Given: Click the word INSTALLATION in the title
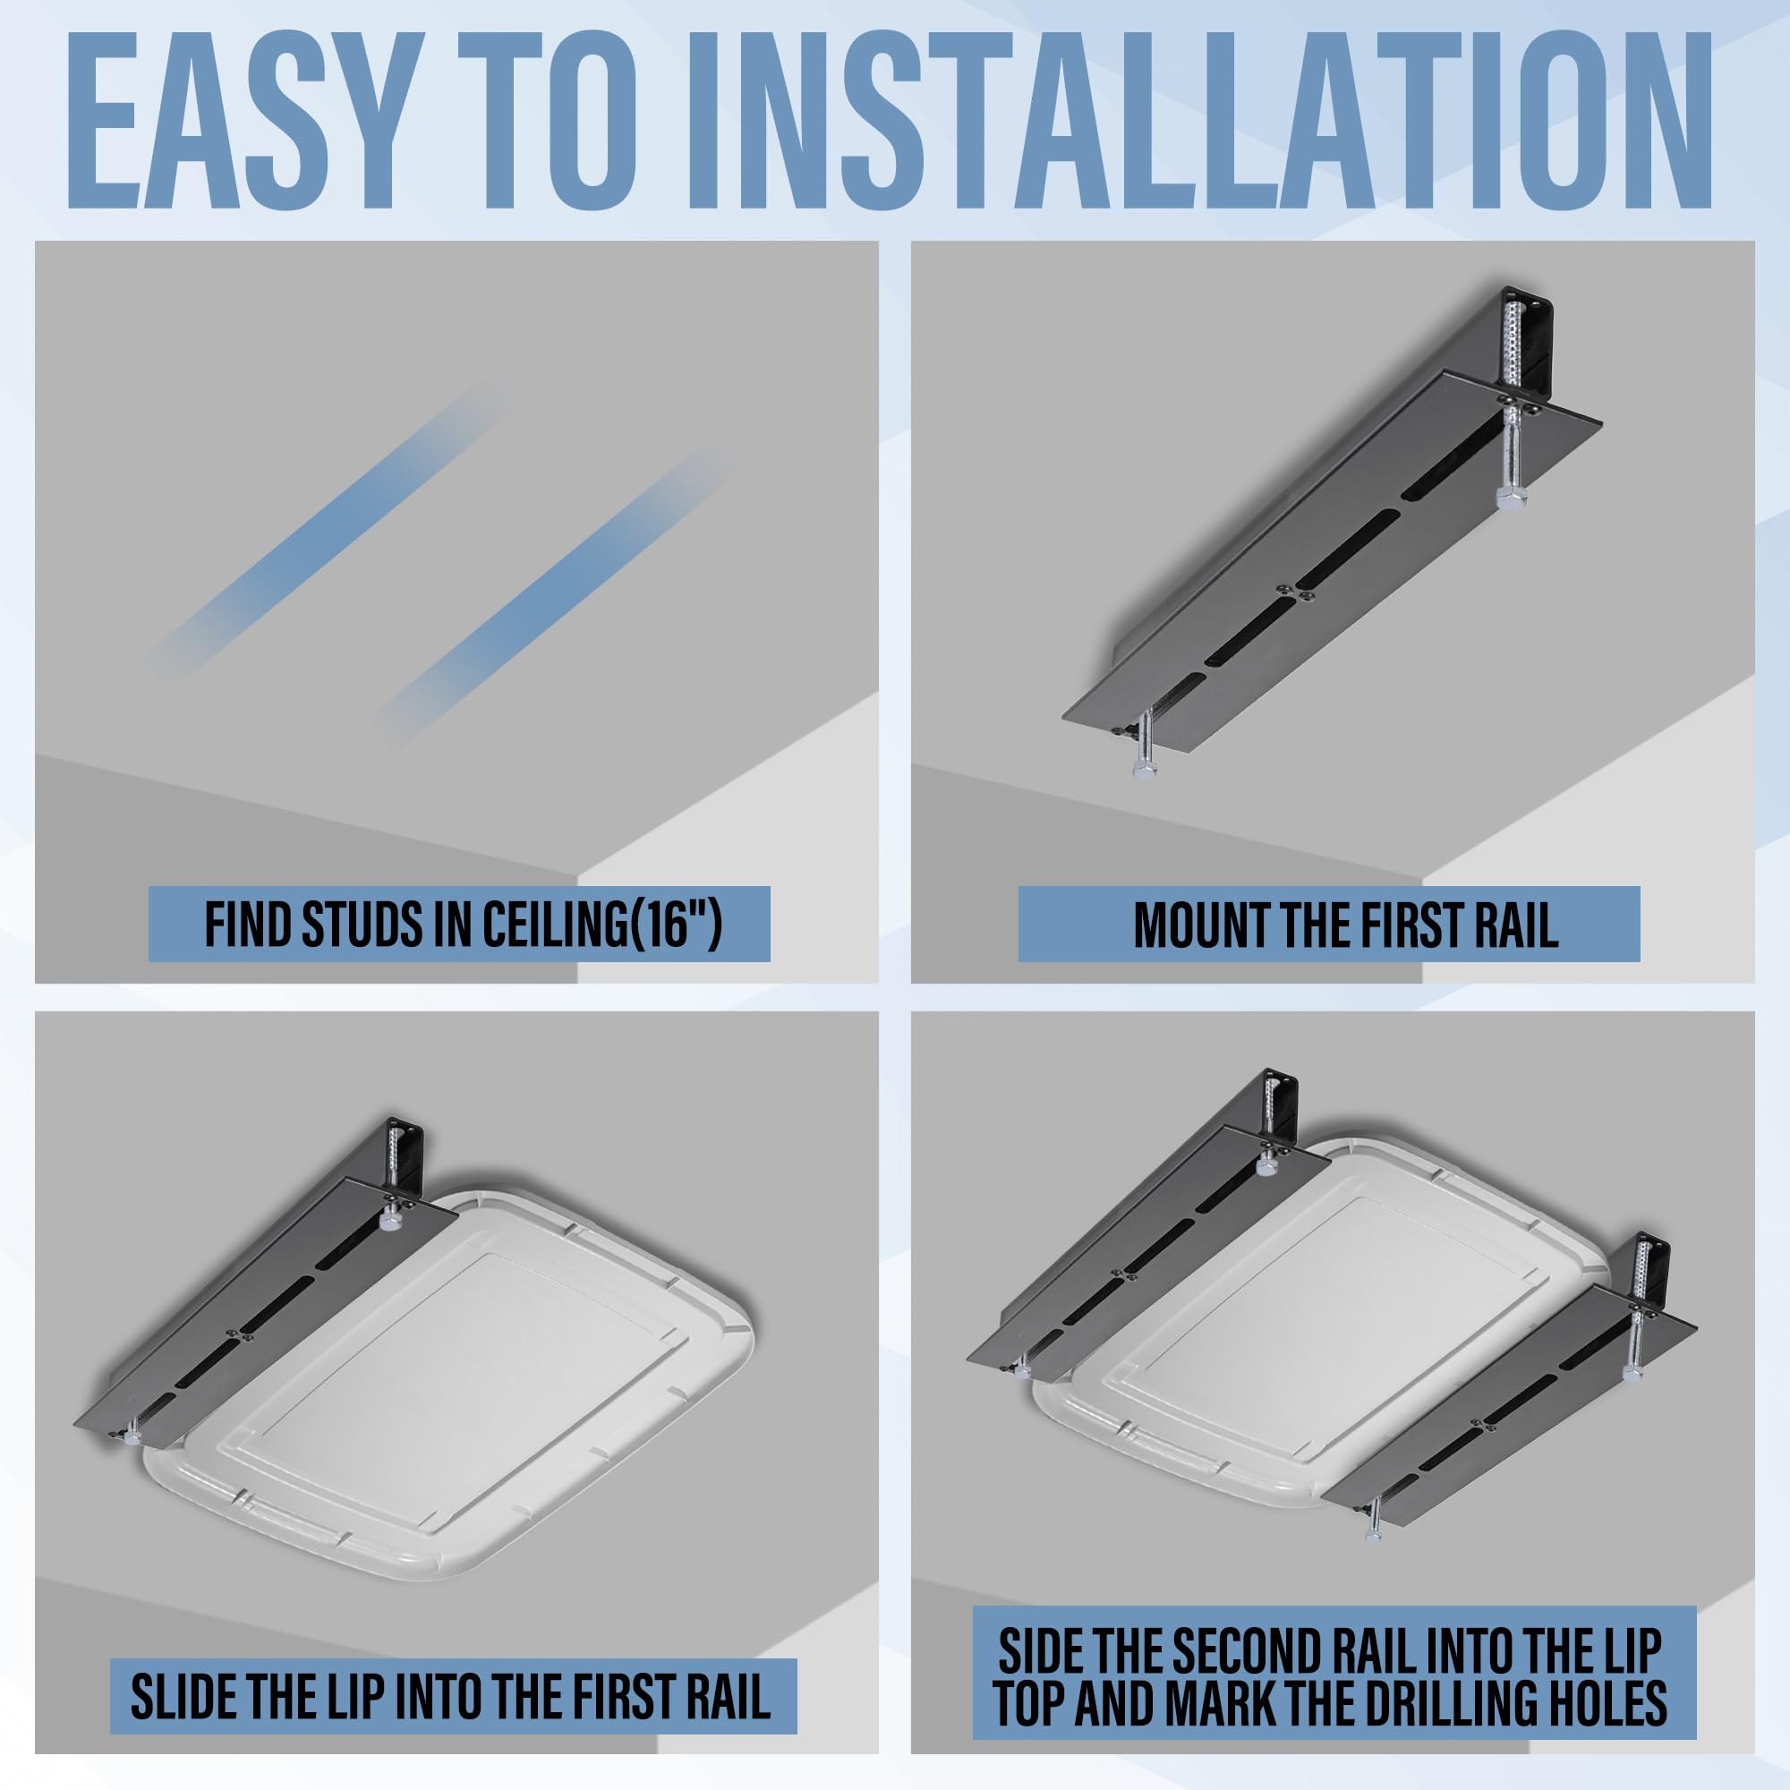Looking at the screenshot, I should click(1195, 121).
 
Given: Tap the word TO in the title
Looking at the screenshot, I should click(565, 121).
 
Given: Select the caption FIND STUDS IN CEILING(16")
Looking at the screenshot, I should click(460, 924).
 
